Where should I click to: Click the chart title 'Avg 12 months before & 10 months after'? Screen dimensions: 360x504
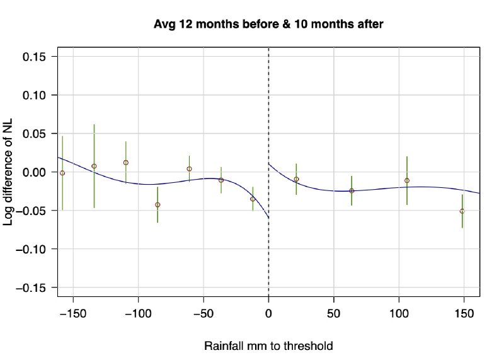(x=269, y=25)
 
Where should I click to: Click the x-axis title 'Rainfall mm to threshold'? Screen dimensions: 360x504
(x=268, y=346)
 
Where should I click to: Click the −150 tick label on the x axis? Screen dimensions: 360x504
(x=73, y=312)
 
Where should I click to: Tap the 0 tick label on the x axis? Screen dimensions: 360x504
(x=269, y=312)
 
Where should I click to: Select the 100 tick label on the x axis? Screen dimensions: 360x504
(x=399, y=312)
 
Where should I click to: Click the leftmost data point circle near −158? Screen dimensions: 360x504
(x=62, y=173)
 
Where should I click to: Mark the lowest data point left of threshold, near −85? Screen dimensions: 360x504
(x=157, y=205)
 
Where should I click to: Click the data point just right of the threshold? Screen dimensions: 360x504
(x=296, y=179)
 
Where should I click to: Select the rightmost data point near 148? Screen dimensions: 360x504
(x=462, y=211)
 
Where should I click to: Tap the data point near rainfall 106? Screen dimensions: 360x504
(x=407, y=180)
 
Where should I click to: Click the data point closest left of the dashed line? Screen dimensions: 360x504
(x=253, y=199)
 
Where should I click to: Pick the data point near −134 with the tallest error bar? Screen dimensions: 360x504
(x=94, y=166)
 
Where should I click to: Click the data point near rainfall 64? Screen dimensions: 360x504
(x=352, y=190)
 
